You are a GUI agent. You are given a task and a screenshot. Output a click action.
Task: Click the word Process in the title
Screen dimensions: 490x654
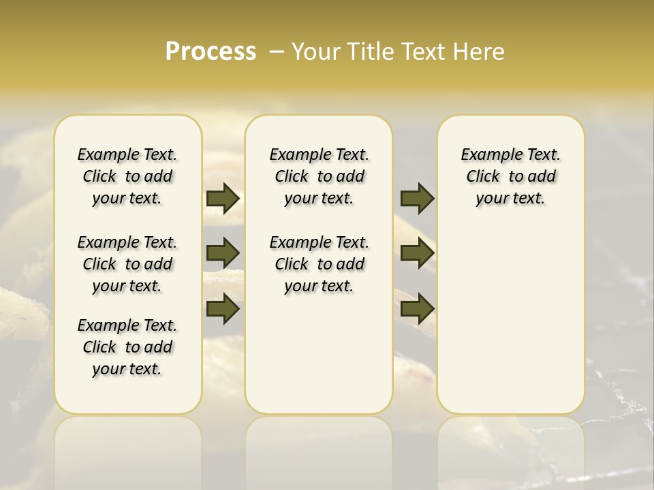[211, 52]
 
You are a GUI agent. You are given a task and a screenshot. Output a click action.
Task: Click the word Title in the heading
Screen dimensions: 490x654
[367, 52]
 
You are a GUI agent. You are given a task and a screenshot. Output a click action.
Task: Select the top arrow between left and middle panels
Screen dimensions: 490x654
[223, 199]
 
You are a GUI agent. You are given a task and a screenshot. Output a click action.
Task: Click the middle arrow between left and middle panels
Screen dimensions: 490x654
[223, 253]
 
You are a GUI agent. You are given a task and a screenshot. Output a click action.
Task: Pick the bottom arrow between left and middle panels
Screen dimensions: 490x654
[223, 309]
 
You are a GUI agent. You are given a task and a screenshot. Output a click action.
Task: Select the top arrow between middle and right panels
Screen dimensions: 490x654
[417, 199]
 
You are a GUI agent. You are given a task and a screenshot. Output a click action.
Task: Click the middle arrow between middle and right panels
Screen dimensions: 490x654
[417, 253]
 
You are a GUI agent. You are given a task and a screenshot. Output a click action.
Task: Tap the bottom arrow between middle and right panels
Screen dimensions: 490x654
[417, 309]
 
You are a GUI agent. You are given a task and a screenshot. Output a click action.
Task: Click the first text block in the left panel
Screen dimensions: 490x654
[127, 176]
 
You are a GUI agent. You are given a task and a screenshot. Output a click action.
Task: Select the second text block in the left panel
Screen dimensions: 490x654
[127, 264]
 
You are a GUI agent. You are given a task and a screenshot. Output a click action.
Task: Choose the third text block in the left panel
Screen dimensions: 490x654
[127, 347]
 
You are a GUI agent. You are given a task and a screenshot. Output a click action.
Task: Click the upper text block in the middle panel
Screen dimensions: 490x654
[319, 176]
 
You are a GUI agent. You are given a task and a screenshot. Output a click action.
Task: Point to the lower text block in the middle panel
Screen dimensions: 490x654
[319, 264]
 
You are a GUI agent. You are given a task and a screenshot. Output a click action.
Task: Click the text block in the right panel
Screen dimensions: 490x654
[510, 176]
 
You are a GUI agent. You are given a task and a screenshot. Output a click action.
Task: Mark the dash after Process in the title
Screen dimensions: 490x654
[277, 52]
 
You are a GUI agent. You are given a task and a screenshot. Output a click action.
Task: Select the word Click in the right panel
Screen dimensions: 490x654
[483, 177]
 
